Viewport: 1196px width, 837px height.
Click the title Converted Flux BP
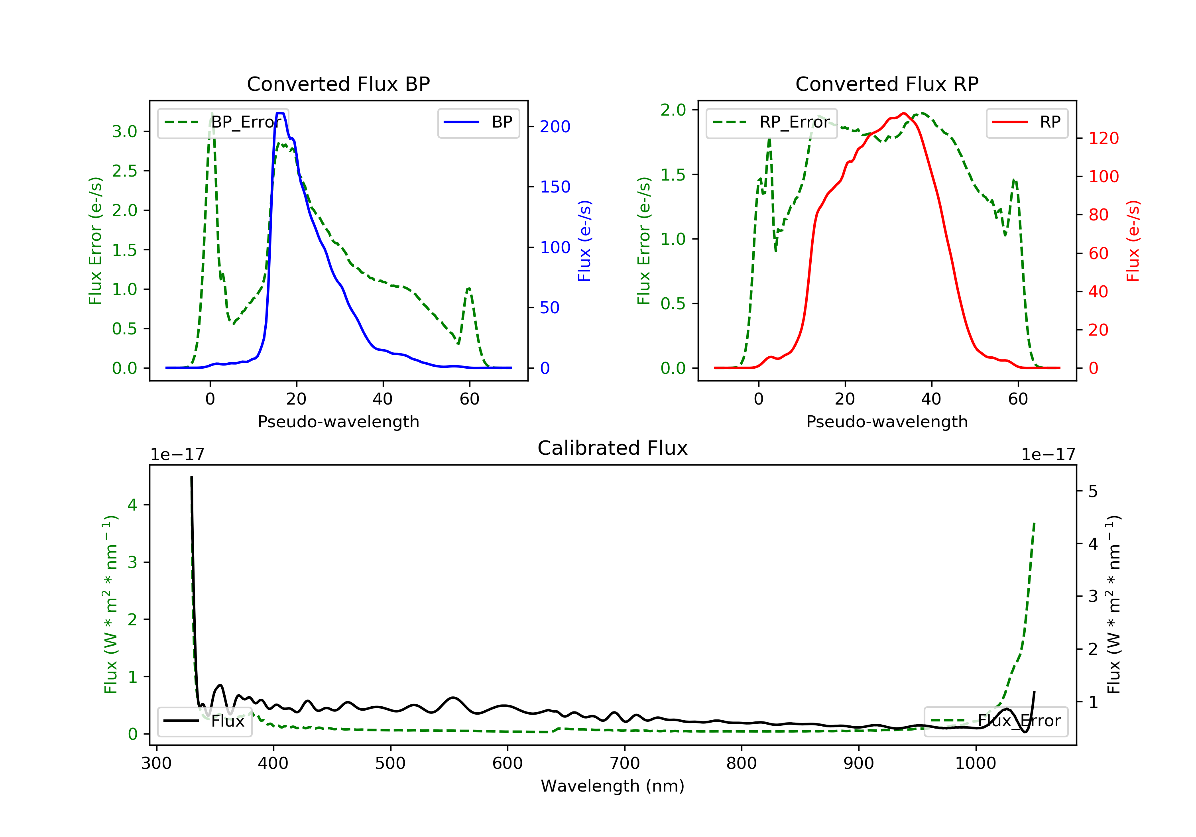(x=338, y=84)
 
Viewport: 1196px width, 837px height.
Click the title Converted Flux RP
(x=887, y=84)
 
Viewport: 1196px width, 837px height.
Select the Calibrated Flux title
(x=613, y=448)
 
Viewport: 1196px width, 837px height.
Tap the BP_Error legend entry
(x=223, y=122)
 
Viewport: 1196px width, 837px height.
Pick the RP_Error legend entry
(x=771, y=122)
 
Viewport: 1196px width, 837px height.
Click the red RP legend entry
(x=1027, y=122)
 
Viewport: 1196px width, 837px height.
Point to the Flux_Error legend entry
(x=995, y=721)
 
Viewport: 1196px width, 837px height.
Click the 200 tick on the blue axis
(x=555, y=127)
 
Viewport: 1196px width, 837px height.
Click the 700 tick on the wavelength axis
(x=625, y=764)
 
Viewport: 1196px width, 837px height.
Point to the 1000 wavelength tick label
(x=976, y=764)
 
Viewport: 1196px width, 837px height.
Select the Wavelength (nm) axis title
(x=613, y=786)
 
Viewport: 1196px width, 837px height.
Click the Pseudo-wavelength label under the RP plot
(x=887, y=421)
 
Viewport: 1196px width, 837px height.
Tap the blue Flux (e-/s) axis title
(x=584, y=241)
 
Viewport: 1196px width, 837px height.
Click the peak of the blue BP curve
(x=280, y=113)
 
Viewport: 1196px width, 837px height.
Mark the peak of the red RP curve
(x=904, y=113)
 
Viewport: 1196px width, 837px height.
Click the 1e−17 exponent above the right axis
(x=1048, y=455)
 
